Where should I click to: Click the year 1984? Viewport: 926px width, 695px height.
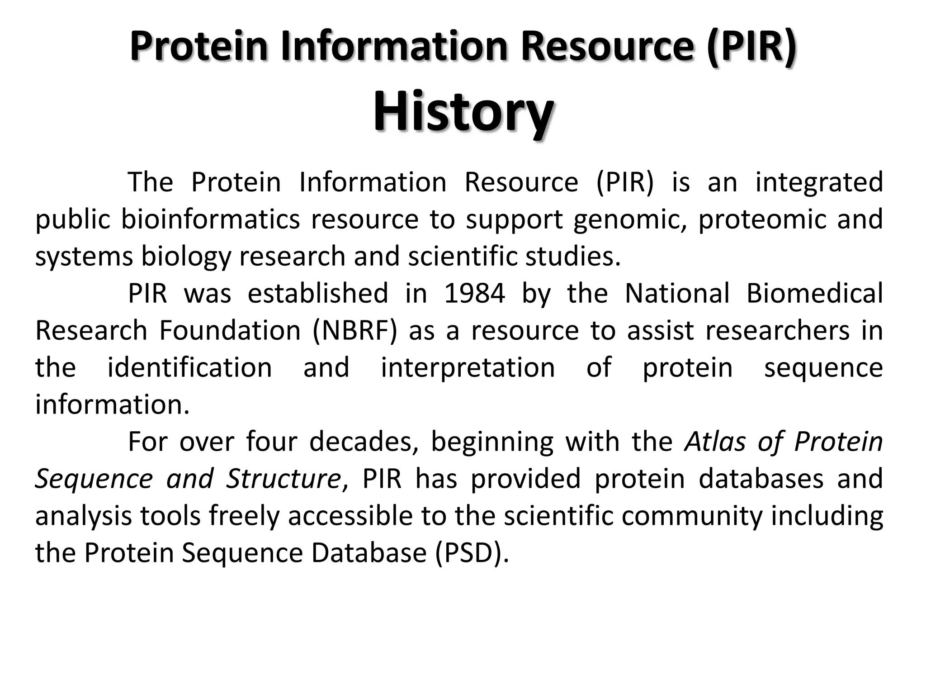click(474, 293)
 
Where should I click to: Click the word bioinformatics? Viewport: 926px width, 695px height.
click(210, 219)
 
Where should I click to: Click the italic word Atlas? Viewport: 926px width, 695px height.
click(714, 442)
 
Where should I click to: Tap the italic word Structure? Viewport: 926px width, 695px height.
click(283, 479)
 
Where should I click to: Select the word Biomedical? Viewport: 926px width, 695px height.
click(814, 293)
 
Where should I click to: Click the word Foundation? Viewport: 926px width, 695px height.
click(230, 330)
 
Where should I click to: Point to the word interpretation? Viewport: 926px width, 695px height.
click(468, 367)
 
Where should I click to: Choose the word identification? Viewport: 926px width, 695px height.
click(189, 367)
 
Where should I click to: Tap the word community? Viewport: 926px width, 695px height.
click(692, 516)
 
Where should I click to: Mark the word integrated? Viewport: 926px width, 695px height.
click(819, 182)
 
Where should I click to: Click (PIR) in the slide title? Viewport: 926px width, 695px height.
click(751, 47)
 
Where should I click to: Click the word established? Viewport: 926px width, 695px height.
click(318, 293)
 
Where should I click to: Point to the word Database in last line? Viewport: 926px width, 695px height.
click(369, 553)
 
